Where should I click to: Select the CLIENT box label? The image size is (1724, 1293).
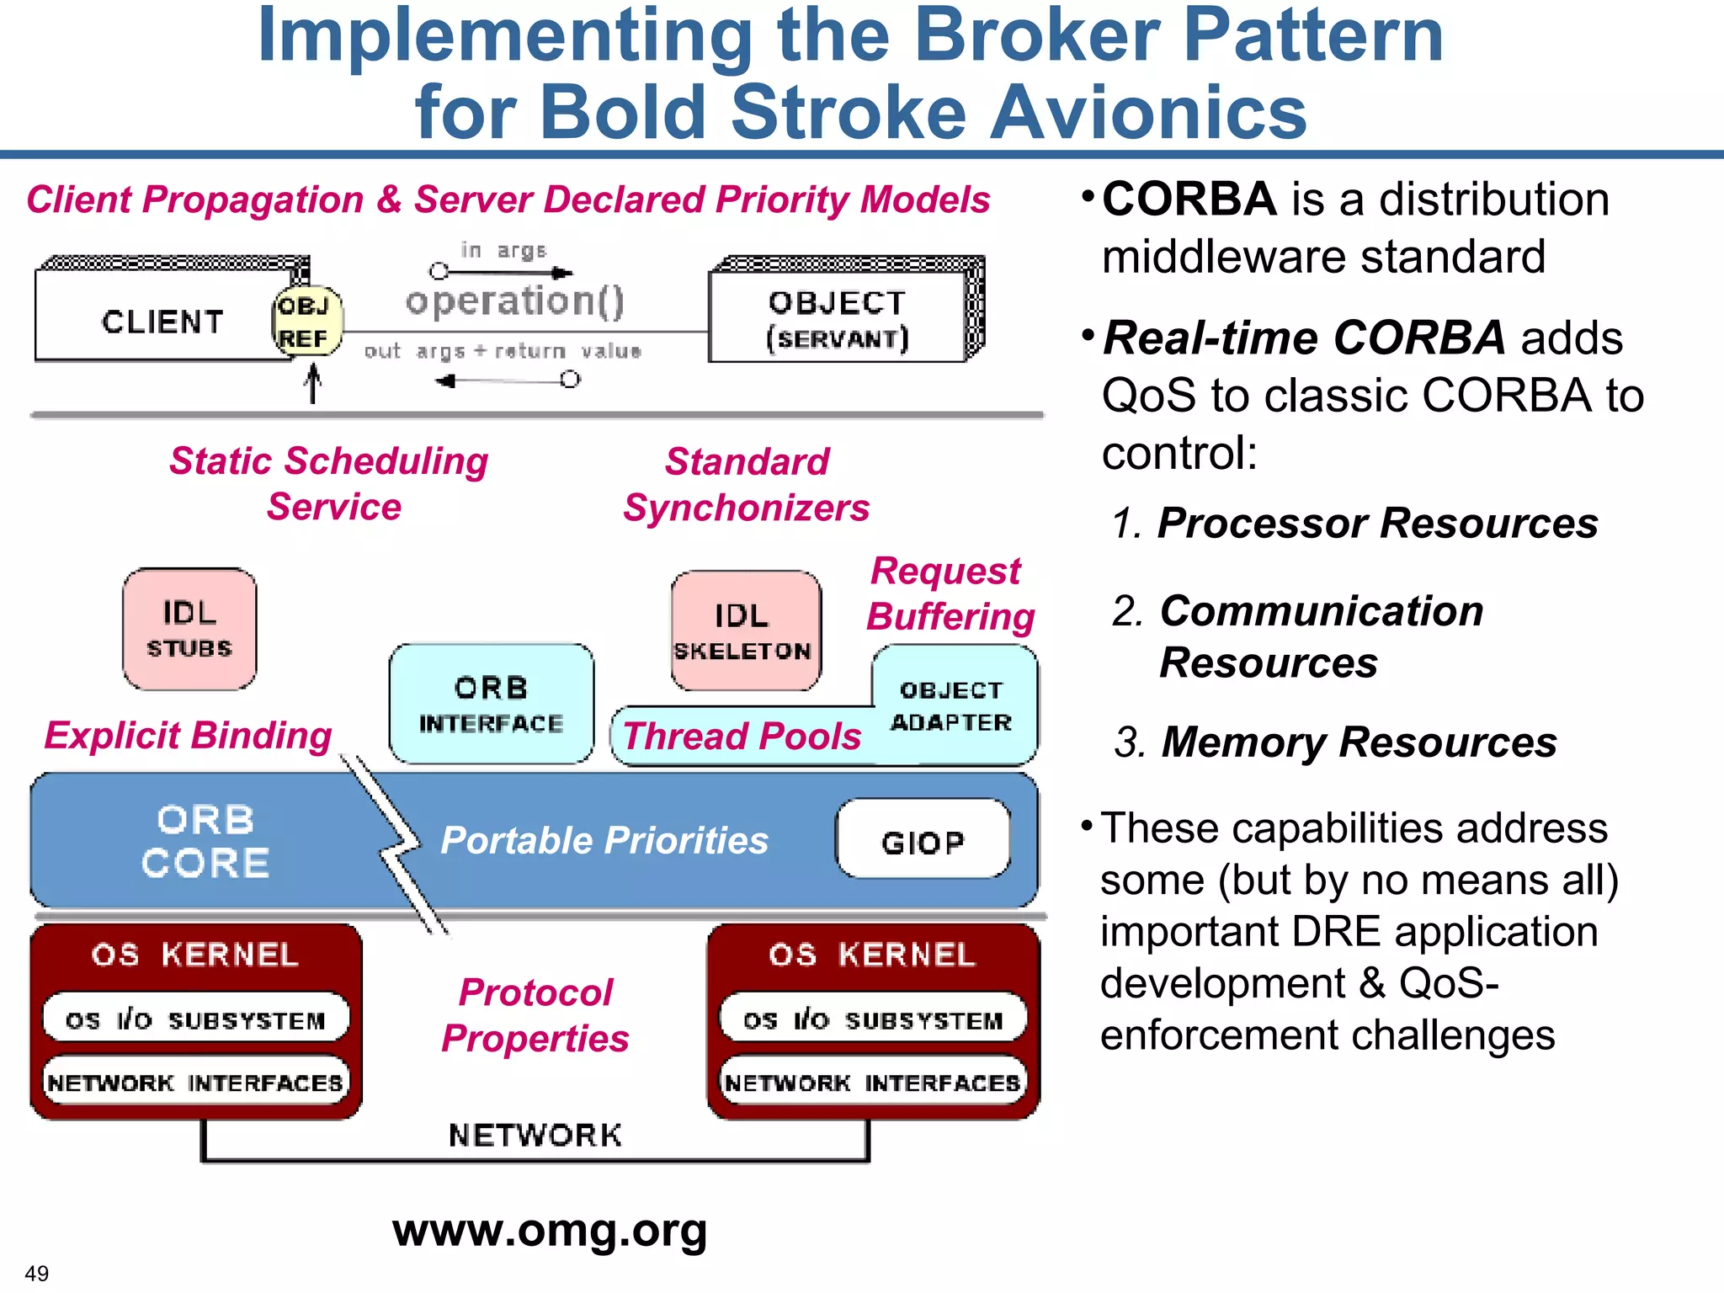point(162,322)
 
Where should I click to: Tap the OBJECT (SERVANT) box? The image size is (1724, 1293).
point(838,320)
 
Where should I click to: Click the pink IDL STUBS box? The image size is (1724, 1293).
point(189,629)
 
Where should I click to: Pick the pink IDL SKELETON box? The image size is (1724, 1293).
point(744,631)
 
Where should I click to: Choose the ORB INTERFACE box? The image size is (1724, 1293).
point(491,705)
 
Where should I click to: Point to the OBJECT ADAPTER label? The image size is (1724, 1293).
point(952,706)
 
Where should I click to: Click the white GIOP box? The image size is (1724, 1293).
point(923,840)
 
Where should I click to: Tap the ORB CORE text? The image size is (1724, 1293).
point(205,841)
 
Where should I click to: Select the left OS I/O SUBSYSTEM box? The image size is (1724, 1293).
point(195,1019)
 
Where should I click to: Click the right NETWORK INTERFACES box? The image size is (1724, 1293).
point(873,1082)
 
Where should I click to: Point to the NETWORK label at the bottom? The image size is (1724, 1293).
point(535,1135)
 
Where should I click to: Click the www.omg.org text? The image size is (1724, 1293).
point(550,1231)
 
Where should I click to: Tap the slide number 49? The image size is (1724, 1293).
point(37,1273)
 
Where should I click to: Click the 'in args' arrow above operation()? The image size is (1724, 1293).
point(503,272)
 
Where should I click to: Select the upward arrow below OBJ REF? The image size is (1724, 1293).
point(313,383)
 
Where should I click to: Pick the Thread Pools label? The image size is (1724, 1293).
point(742,737)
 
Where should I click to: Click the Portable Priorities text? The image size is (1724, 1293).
point(604,840)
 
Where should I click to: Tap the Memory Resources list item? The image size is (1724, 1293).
point(1359,742)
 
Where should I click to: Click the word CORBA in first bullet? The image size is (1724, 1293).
point(1189,200)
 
